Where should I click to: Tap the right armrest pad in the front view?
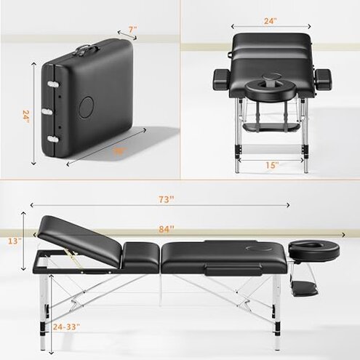click(321, 76)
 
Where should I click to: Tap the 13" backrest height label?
click(15, 239)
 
